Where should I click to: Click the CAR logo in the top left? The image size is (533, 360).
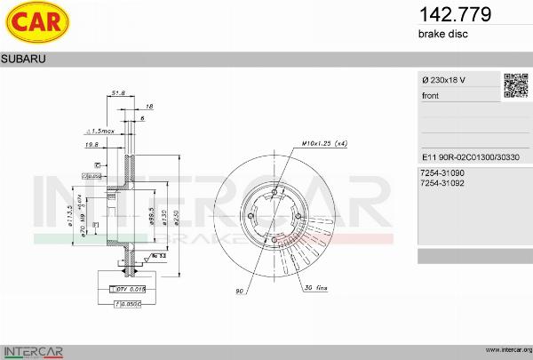[x=36, y=24]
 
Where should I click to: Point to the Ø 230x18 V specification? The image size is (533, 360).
[x=443, y=81]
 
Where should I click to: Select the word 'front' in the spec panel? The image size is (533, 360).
[x=430, y=95]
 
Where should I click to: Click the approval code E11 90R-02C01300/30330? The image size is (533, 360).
[x=467, y=154]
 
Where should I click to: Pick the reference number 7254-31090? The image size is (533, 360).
[x=442, y=172]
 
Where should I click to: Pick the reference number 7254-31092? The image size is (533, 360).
[x=442, y=182]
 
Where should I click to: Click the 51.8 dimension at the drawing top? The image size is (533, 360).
[x=117, y=92]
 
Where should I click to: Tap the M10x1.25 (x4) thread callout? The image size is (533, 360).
[x=323, y=142]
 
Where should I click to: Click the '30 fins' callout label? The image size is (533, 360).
[x=315, y=289]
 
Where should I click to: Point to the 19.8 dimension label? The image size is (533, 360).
[x=91, y=143]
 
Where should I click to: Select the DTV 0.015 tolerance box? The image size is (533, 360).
[x=129, y=289]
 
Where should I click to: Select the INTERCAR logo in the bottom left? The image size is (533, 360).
[x=34, y=349]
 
